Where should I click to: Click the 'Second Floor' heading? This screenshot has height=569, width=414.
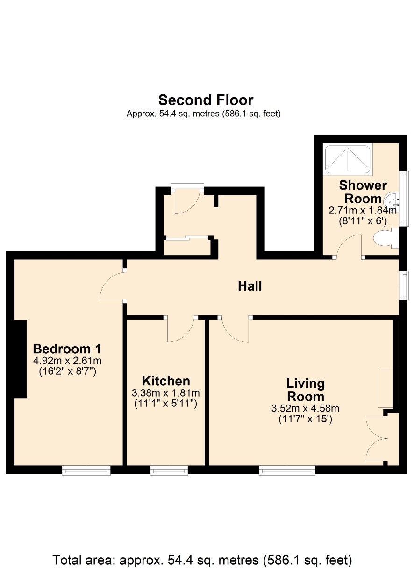pos(206,100)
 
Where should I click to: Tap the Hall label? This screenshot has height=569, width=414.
pos(250,286)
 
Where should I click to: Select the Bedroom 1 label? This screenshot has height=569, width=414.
pos(67,349)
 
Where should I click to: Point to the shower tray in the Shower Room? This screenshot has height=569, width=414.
pos(348,160)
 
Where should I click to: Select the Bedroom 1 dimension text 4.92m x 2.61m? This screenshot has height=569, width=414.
pos(67,361)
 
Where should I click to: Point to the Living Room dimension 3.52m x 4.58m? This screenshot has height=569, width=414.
pos(305,408)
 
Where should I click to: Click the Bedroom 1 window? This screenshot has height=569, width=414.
pos(86,470)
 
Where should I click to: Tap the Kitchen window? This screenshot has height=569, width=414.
pos(169,470)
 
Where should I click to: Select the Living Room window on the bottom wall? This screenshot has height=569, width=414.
pos(287,470)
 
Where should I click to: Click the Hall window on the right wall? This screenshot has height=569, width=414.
pos(404,285)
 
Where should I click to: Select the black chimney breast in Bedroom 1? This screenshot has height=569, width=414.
pos(21,359)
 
